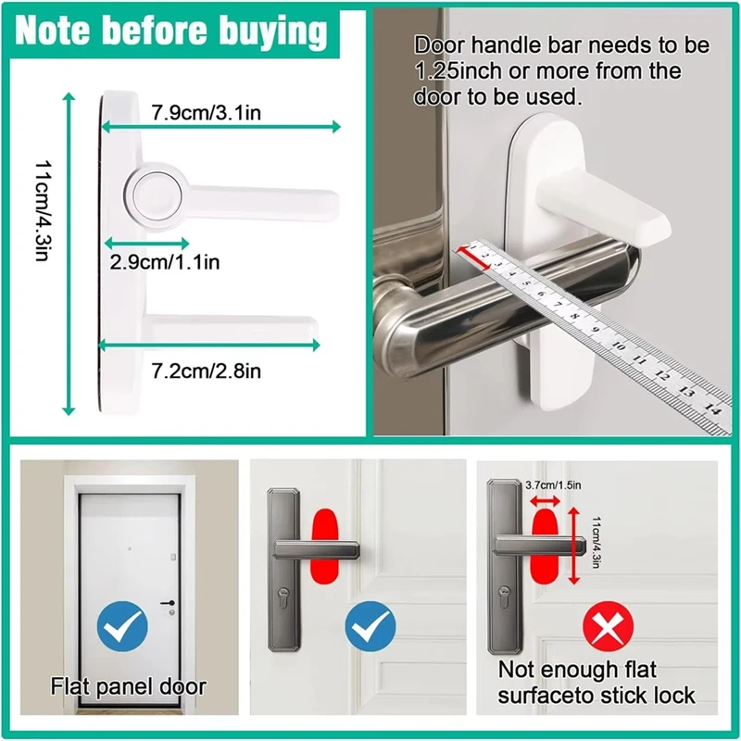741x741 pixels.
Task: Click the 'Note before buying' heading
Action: pyautogui.click(x=171, y=31)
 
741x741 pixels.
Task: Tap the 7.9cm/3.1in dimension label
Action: pyautogui.click(x=206, y=112)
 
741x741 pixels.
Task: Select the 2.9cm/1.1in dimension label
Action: pyautogui.click(x=165, y=262)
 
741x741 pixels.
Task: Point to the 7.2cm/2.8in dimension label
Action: pyautogui.click(x=206, y=370)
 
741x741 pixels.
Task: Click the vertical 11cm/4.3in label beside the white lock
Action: pyautogui.click(x=43, y=211)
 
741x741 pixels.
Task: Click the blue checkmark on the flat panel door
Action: pyautogui.click(x=122, y=627)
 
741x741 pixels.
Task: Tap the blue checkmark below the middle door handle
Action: pyautogui.click(x=370, y=627)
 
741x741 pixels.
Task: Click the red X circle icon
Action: pyautogui.click(x=609, y=627)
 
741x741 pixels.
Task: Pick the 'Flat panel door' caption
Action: pyautogui.click(x=129, y=686)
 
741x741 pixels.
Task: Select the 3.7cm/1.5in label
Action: pyautogui.click(x=553, y=484)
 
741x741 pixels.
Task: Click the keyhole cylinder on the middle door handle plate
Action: pyautogui.click(x=283, y=595)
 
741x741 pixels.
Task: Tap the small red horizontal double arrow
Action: pyautogui.click(x=545, y=501)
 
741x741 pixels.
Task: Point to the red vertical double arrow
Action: pyautogui.click(x=573, y=546)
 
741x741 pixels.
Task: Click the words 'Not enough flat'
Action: pyautogui.click(x=577, y=669)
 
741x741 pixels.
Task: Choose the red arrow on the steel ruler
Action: pyautogui.click(x=478, y=258)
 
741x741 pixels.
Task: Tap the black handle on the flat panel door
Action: pyautogui.click(x=168, y=603)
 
